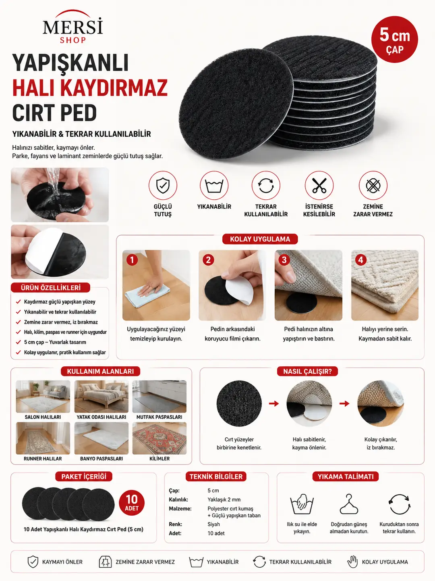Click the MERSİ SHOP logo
(x=72, y=27)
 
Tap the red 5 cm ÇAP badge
(x=395, y=40)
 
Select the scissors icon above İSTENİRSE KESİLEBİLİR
(x=319, y=185)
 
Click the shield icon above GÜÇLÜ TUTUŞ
(x=163, y=185)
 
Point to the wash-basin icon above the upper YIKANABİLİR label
(x=214, y=186)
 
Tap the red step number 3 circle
(x=284, y=260)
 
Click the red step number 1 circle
(x=132, y=260)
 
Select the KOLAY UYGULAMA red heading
(x=260, y=239)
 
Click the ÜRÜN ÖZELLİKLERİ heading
(x=50, y=288)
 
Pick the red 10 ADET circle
(x=132, y=503)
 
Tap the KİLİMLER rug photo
(x=159, y=438)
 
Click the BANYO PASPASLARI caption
(x=101, y=458)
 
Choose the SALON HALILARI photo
(x=43, y=397)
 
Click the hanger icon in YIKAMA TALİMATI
(x=349, y=504)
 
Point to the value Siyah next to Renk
(x=213, y=524)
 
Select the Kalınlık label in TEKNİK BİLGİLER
(x=178, y=499)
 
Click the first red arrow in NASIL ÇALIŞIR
(x=274, y=403)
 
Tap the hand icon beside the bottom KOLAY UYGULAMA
(x=352, y=562)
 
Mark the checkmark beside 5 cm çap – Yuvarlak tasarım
(x=18, y=342)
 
